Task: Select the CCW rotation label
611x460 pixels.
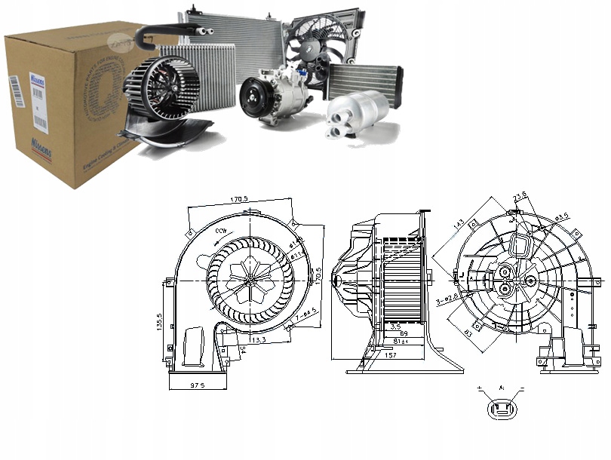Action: click(x=222, y=230)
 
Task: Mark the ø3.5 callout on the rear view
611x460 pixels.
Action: click(x=562, y=218)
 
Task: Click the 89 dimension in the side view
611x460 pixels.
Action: click(x=404, y=333)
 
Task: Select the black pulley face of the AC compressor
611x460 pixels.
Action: click(x=253, y=97)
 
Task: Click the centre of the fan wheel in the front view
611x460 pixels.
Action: click(x=248, y=278)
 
